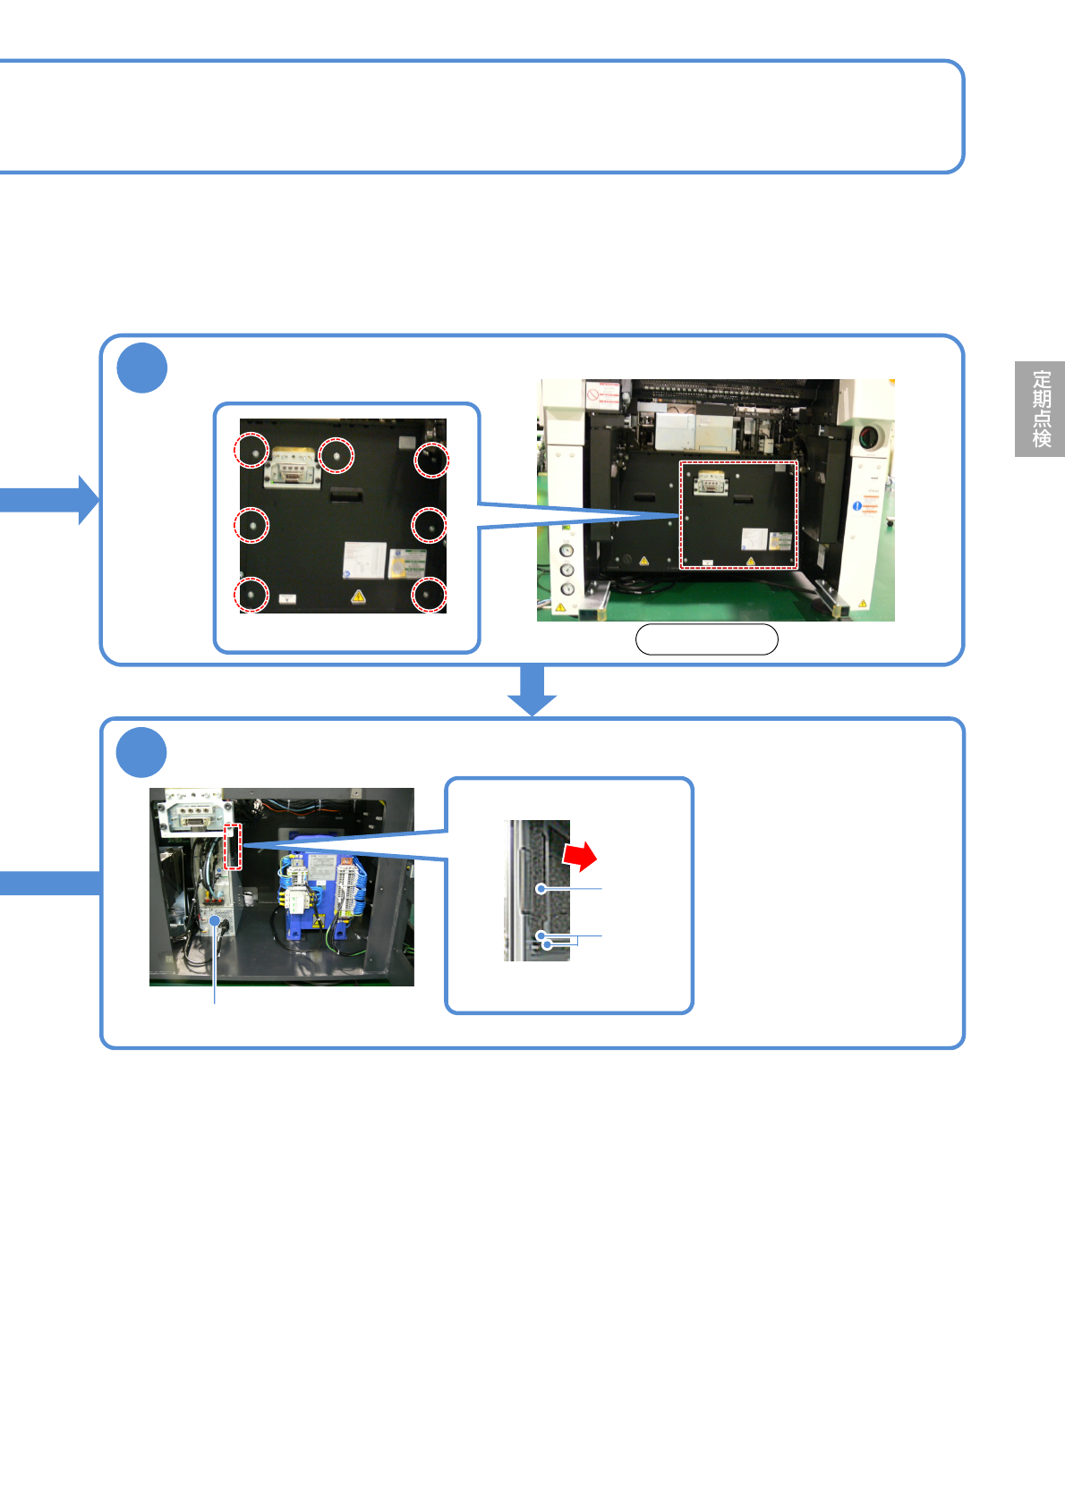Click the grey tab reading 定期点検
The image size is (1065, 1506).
pyautogui.click(x=1039, y=409)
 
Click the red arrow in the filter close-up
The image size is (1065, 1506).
pyautogui.click(x=580, y=856)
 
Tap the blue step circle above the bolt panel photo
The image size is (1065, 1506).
pyautogui.click(x=142, y=368)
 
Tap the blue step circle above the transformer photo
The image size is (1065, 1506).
pyautogui.click(x=142, y=752)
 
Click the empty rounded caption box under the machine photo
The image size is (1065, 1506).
pyautogui.click(x=706, y=639)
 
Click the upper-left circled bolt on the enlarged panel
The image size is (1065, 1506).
pyautogui.click(x=251, y=451)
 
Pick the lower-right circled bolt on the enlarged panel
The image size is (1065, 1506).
pyautogui.click(x=429, y=594)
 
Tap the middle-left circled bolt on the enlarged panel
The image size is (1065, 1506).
pyautogui.click(x=251, y=524)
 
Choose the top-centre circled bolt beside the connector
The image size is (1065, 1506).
pyautogui.click(x=337, y=455)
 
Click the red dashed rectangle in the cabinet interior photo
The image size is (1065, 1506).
pyautogui.click(x=233, y=846)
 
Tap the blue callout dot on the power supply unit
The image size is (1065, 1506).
pyautogui.click(x=215, y=920)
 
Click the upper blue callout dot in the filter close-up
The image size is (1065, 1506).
pyautogui.click(x=541, y=889)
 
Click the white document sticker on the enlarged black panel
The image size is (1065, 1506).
pyautogui.click(x=364, y=560)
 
